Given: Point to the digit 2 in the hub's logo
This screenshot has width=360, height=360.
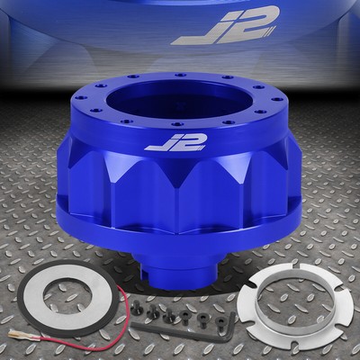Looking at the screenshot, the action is pyautogui.click(x=187, y=142).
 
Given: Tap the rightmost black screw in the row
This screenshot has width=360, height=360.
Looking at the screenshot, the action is pyautogui.click(x=220, y=320).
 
